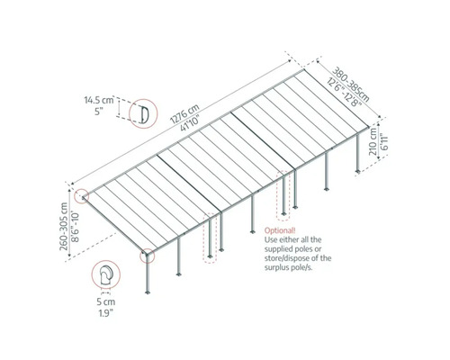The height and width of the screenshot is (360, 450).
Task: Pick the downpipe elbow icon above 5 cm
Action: pyautogui.click(x=107, y=275)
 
